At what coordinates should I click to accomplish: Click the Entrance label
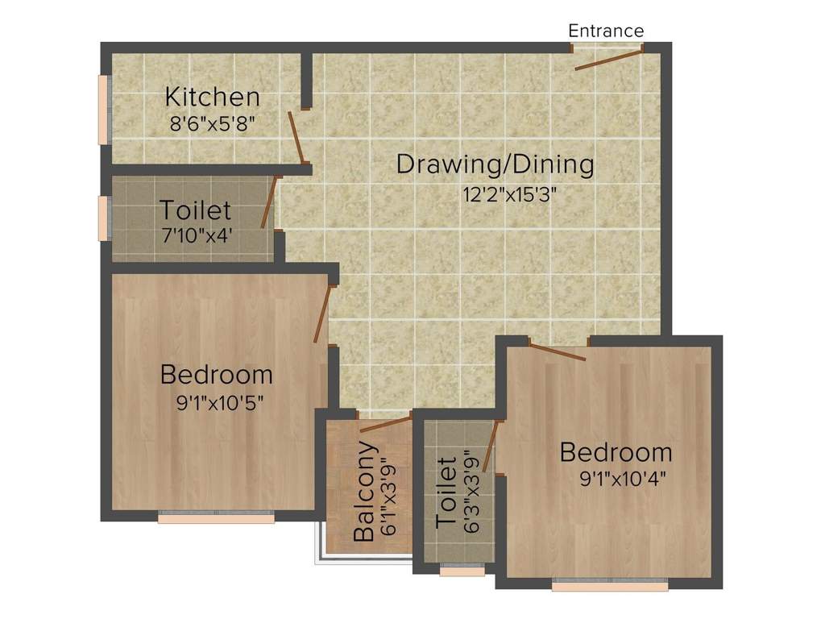(606, 31)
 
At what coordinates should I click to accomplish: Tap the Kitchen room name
(213, 97)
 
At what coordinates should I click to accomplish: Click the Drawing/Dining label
(495, 164)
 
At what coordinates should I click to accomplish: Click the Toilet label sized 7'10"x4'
(195, 210)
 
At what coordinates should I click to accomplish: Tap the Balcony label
(364, 491)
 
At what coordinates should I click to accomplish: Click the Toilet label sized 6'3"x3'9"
(446, 492)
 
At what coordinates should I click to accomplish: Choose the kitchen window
(103, 110)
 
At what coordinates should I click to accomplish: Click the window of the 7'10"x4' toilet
(103, 218)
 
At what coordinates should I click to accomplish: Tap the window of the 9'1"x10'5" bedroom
(216, 518)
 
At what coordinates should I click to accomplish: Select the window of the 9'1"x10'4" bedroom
(610, 586)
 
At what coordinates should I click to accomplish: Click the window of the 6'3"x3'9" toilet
(462, 571)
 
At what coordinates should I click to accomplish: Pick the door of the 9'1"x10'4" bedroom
(558, 351)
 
